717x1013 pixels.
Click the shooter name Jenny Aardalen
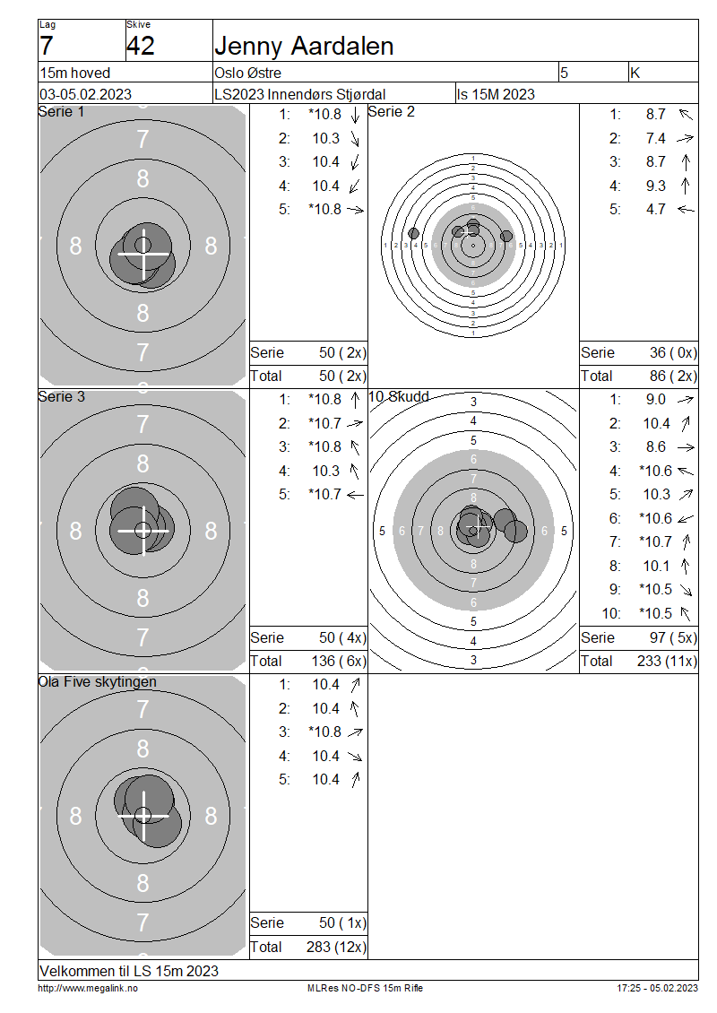pyautogui.click(x=304, y=46)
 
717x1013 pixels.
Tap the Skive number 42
pyautogui.click(x=141, y=46)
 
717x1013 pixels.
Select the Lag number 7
pyautogui.click(x=47, y=46)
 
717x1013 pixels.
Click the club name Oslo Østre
pyautogui.click(x=248, y=73)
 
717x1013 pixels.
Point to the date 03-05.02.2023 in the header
pyautogui.click(x=85, y=94)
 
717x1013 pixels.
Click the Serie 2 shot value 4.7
pyautogui.click(x=656, y=210)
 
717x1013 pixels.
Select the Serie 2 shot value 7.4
pyautogui.click(x=656, y=138)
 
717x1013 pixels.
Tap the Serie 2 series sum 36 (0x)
pyautogui.click(x=673, y=353)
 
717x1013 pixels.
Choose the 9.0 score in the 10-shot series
pyautogui.click(x=656, y=400)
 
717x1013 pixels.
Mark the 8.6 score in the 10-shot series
pyautogui.click(x=656, y=447)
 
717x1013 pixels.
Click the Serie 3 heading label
pyautogui.click(x=62, y=396)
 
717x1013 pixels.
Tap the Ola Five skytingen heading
pyautogui.click(x=98, y=681)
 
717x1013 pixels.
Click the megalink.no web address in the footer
pyautogui.click(x=88, y=988)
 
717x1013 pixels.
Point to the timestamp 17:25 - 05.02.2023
pyautogui.click(x=657, y=988)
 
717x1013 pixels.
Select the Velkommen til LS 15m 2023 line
pyautogui.click(x=129, y=971)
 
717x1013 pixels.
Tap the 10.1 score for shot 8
pyautogui.click(x=656, y=566)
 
